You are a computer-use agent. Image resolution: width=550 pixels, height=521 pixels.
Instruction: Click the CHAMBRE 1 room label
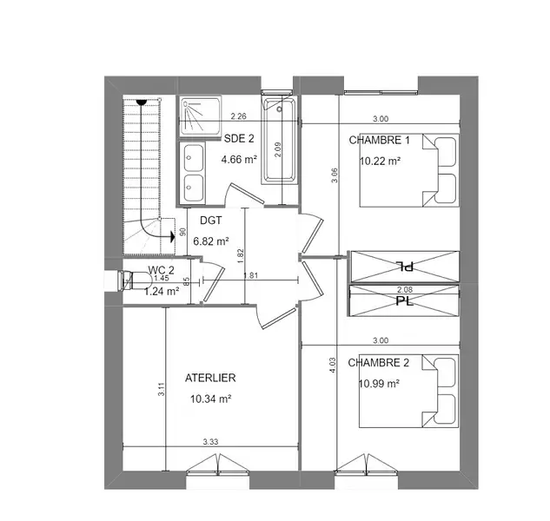coord(379,141)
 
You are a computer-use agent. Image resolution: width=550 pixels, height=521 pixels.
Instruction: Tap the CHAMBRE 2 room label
coord(379,362)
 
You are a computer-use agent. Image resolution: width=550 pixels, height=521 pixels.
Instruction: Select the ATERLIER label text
coord(210,378)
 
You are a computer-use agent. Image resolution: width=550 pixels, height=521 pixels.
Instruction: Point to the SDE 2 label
coord(239,138)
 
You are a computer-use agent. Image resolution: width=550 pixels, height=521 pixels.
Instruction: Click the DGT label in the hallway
coord(211,221)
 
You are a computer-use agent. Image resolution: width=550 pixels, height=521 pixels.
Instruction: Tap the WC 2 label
coord(161,270)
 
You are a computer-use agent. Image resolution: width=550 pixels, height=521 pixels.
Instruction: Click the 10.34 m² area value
coord(210,399)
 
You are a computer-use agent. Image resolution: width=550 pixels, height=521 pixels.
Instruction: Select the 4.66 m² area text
coord(239,160)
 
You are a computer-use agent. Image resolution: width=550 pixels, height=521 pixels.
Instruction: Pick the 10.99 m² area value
coord(379,384)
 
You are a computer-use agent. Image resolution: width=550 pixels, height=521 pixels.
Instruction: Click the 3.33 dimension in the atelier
coord(210,442)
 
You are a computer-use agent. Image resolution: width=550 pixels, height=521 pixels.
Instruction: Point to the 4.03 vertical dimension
coord(333,365)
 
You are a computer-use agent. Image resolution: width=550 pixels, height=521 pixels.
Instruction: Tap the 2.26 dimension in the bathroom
coord(239,116)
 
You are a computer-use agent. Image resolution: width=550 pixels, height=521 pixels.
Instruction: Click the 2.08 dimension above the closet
coord(405,290)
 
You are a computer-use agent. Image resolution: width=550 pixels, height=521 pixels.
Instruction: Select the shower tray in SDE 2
coord(201,115)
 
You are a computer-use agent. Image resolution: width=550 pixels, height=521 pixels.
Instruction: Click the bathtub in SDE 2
coord(279,141)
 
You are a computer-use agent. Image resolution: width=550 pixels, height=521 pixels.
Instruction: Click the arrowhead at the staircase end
coord(173,237)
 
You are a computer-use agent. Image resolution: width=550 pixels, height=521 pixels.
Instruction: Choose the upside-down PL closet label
coord(405,267)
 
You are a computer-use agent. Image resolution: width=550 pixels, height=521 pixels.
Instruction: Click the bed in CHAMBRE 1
coord(409,170)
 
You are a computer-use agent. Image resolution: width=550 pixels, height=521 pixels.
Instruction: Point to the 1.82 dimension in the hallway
coord(241,257)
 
